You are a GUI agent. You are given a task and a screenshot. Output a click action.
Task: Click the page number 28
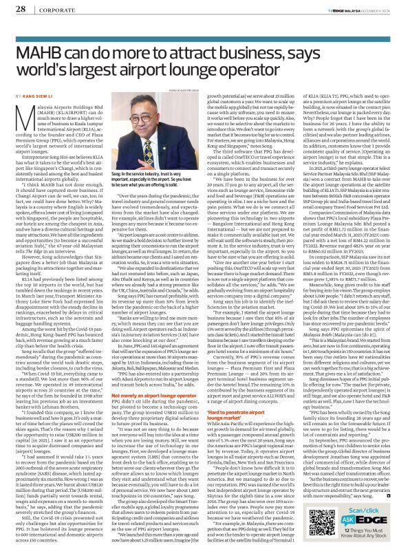coord(20,10)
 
